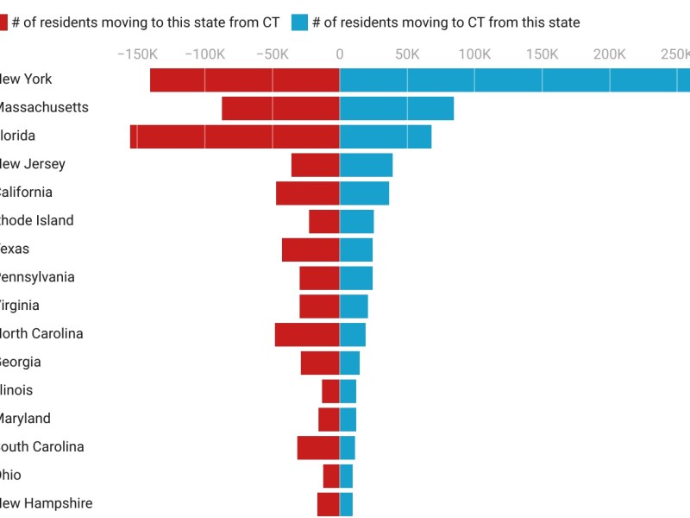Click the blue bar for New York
pyautogui.click(x=514, y=79)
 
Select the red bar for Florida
pyautogui.click(x=235, y=136)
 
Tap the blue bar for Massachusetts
pyautogui.click(x=397, y=108)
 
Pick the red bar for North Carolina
pyautogui.click(x=307, y=334)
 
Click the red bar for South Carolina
pyautogui.click(x=318, y=447)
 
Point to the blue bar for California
pyautogui.click(x=364, y=193)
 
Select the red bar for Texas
pyautogui.click(x=310, y=250)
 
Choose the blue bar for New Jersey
pyautogui.click(x=366, y=164)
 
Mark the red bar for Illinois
pyautogui.click(x=330, y=391)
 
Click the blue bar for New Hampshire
pyautogui.click(x=346, y=504)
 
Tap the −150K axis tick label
pyautogui.click(x=136, y=54)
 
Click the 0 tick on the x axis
pyautogui.click(x=339, y=54)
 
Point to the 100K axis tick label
pyautogui.click(x=474, y=54)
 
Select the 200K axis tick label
pyautogui.click(x=610, y=54)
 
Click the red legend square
pyautogui.click(x=3, y=22)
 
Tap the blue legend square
pyautogui.click(x=299, y=22)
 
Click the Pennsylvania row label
pyautogui.click(x=37, y=277)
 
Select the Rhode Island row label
pyautogui.click(x=36, y=221)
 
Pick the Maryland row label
pyautogui.click(x=25, y=419)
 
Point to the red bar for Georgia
pyautogui.click(x=320, y=363)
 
